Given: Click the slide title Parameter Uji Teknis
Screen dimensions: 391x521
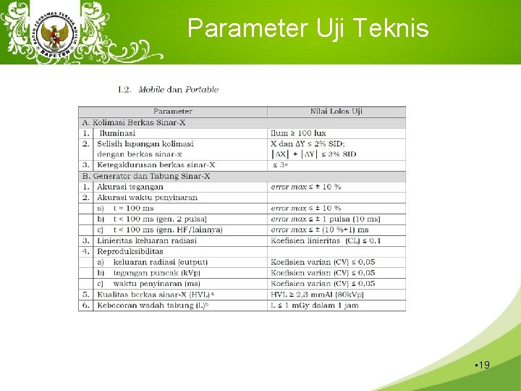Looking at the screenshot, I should pyautogui.click(x=308, y=28).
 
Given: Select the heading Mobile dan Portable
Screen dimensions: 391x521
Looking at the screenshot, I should pyautogui.click(x=178, y=90).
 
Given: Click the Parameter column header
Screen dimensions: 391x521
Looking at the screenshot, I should pyautogui.click(x=173, y=112).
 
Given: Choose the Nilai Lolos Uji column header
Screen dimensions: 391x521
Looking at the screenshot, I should pyautogui.click(x=336, y=112).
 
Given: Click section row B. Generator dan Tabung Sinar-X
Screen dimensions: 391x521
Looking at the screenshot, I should pyautogui.click(x=146, y=176).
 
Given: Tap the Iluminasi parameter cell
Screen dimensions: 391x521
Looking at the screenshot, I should pyautogui.click(x=117, y=133).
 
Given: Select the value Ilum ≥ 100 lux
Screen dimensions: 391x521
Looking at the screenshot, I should pyautogui.click(x=298, y=133).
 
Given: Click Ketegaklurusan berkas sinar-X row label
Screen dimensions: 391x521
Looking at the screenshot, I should pyautogui.click(x=156, y=165).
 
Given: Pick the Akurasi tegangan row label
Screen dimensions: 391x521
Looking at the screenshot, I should pyautogui.click(x=130, y=187).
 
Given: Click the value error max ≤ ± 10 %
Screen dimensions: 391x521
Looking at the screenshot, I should pyautogui.click(x=305, y=187).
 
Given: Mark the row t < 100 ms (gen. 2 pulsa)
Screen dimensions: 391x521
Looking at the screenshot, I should pyautogui.click(x=160, y=219).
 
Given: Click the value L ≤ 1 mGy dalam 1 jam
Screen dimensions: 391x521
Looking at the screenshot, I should pyautogui.click(x=315, y=305).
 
